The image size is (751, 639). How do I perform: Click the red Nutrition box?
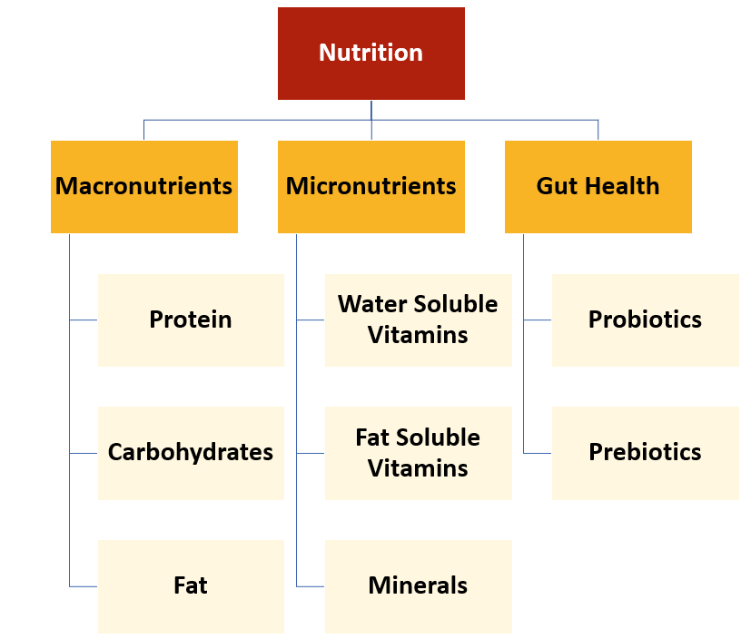pyautogui.click(x=371, y=53)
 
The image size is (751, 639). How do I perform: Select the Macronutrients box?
pyautogui.click(x=143, y=186)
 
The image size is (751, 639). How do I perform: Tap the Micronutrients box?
pyautogui.click(x=371, y=186)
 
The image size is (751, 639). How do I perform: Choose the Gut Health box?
pyautogui.click(x=598, y=186)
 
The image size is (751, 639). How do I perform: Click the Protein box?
pyautogui.click(x=191, y=319)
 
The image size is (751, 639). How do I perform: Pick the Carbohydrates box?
pyautogui.click(x=191, y=452)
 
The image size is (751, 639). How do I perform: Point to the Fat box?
pyautogui.click(x=191, y=585)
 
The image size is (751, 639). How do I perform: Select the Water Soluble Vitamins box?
pyautogui.click(x=418, y=319)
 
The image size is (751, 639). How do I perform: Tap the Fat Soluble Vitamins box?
pyautogui.click(x=418, y=452)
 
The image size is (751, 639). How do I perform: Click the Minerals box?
pyautogui.click(x=418, y=585)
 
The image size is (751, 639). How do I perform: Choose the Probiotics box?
pyautogui.click(x=645, y=319)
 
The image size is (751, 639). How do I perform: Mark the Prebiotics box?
pyautogui.click(x=645, y=452)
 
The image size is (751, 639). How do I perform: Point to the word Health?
pyautogui.click(x=622, y=186)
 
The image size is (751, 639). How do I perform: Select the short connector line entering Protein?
pyautogui.click(x=84, y=319)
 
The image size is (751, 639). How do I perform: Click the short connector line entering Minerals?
pyautogui.click(x=311, y=586)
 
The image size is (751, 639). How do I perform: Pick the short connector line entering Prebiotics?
pyautogui.click(x=538, y=453)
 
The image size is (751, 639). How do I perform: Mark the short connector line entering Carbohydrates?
pyautogui.click(x=84, y=453)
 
